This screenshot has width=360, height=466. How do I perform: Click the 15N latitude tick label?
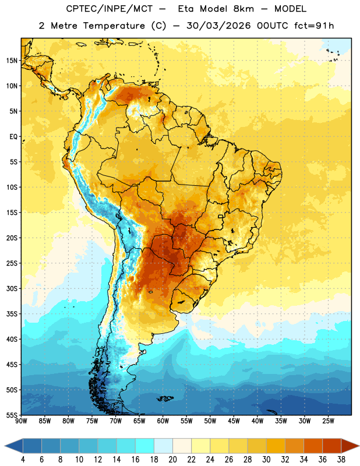[x=12, y=61]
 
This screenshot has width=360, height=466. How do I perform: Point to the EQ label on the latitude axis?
[x=13, y=137]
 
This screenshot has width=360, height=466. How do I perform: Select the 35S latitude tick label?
[x=12, y=314]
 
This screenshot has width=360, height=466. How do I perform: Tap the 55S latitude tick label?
[x=12, y=415]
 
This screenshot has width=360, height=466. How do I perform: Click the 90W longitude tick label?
[x=21, y=421]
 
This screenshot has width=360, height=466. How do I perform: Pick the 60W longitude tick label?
[x=163, y=421]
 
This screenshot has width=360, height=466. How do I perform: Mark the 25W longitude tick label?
[x=328, y=421]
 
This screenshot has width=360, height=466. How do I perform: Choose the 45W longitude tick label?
[x=234, y=421]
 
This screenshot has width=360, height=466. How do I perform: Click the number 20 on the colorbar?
[x=172, y=459]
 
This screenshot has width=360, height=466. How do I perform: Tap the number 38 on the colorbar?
[x=341, y=459]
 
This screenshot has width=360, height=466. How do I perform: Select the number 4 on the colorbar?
[x=23, y=459]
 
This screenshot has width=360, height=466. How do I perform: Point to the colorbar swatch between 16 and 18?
[x=145, y=446]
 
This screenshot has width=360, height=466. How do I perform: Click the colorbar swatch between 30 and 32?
[x=276, y=446]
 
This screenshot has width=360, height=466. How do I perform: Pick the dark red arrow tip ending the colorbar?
[x=351, y=446]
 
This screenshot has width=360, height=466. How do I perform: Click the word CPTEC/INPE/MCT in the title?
[x=110, y=9]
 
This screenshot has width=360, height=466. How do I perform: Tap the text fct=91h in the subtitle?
[x=314, y=26]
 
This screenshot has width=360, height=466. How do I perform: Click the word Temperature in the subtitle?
[x=114, y=26]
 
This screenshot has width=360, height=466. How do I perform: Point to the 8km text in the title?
[x=243, y=9]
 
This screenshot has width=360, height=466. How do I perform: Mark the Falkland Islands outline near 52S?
[x=165, y=398]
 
